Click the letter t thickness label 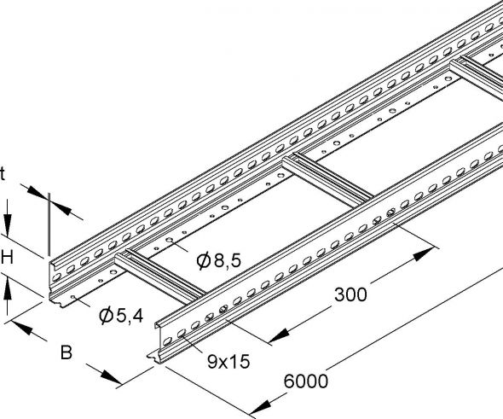[3, 173]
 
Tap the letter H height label [8, 257]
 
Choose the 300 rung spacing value [350, 295]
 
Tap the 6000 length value [304, 381]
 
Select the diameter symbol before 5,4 [107, 317]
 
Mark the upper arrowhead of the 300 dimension [425, 254]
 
